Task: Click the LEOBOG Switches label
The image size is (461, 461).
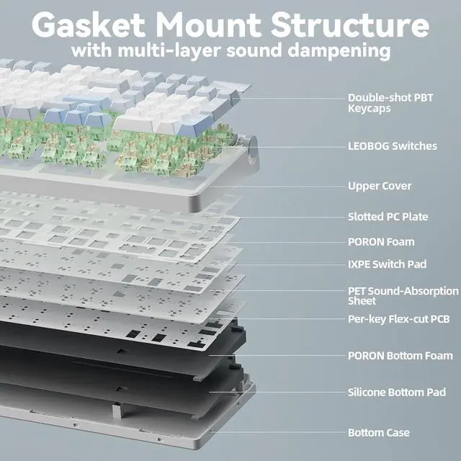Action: tap(392, 146)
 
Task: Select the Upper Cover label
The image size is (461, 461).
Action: tap(380, 186)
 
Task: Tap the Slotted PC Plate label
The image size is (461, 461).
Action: tap(388, 217)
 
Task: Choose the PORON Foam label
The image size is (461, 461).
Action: tap(381, 242)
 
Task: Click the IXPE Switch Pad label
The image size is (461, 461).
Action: tap(387, 264)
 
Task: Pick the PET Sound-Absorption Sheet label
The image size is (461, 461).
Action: tap(403, 296)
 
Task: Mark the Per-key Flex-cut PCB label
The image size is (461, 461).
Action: tap(399, 319)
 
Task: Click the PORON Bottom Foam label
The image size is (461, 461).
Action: tap(400, 356)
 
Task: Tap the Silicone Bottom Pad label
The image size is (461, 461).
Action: tap(396, 393)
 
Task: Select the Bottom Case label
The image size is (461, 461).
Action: tap(379, 433)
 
